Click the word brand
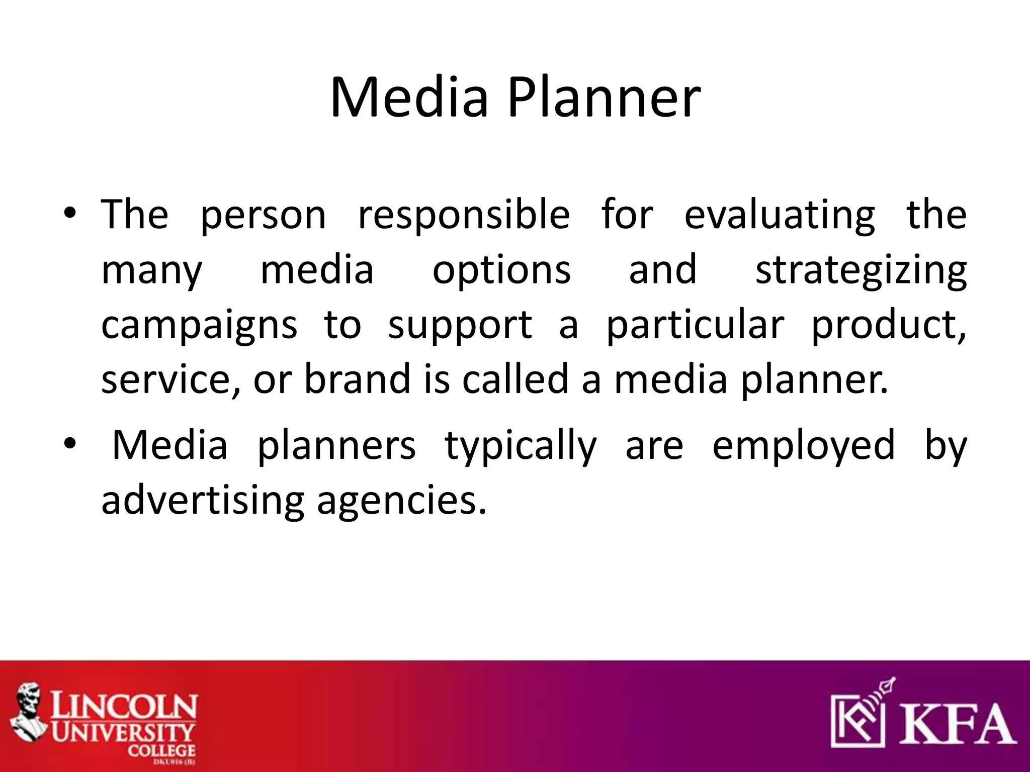(358, 379)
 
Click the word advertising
(203, 501)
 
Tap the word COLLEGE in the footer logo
(161, 751)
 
